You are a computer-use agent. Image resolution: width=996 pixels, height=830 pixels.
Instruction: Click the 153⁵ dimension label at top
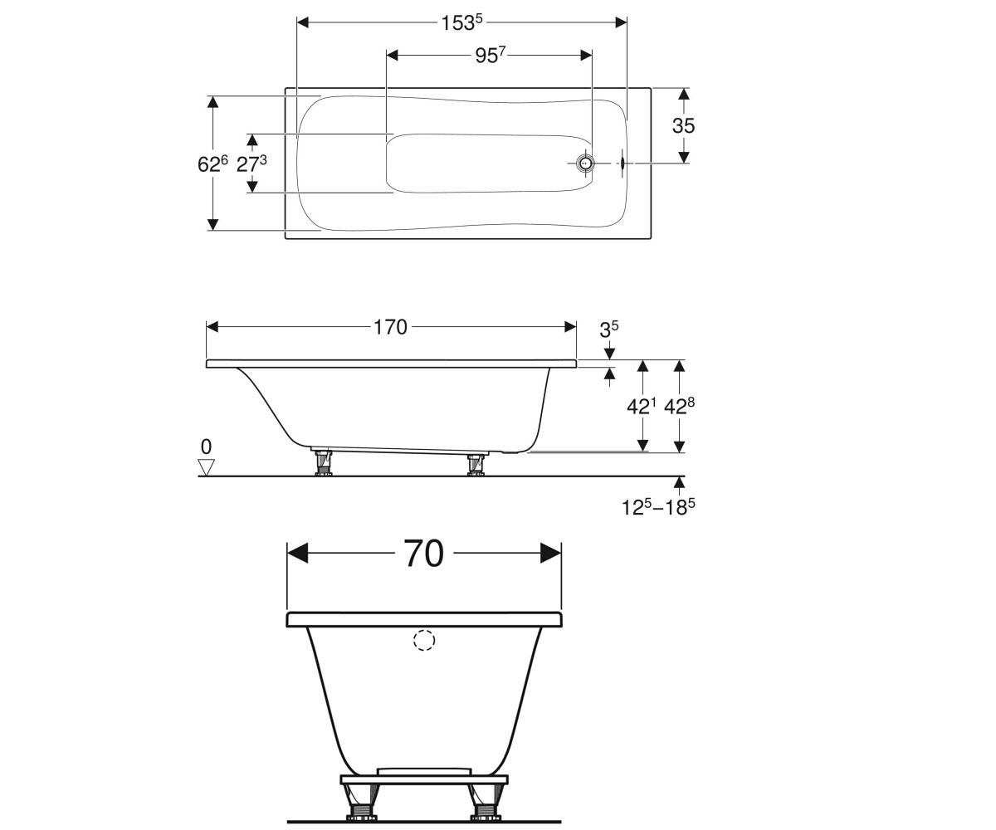[x=461, y=22]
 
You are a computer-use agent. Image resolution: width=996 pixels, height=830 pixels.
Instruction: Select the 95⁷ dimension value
[x=490, y=56]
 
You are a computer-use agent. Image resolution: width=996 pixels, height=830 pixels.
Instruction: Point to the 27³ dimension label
[x=251, y=164]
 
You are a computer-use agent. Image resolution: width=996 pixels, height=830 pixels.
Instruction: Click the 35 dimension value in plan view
[x=684, y=126]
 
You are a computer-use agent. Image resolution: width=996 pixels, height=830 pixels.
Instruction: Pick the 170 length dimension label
[x=390, y=327]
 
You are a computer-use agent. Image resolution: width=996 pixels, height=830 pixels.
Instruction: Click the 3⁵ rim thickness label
[x=608, y=330]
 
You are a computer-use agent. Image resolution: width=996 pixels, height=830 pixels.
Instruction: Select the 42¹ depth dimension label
[x=642, y=406]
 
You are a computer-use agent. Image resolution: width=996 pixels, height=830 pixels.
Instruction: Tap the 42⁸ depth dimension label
[x=679, y=406]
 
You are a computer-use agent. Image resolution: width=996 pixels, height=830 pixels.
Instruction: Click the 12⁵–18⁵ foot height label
[x=658, y=507]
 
